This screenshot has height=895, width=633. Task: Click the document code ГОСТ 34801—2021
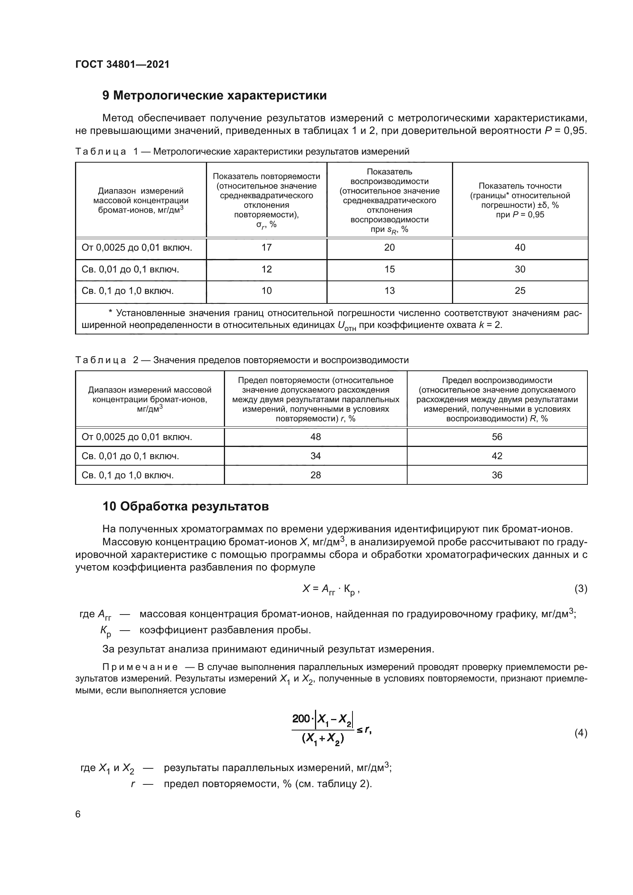[122, 64]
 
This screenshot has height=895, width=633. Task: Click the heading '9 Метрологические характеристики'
[214, 96]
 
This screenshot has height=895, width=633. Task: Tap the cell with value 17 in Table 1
[267, 248]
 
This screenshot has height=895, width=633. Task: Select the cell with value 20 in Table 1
[389, 248]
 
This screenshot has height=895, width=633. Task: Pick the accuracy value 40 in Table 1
[520, 248]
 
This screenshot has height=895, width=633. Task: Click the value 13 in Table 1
[389, 291]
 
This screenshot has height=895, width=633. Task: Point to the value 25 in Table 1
[520, 291]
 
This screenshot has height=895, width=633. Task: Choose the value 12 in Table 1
[267, 269]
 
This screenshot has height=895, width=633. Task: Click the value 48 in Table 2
[316, 437]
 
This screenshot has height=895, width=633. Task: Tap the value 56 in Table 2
[497, 437]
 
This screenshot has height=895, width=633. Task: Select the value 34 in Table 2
[316, 456]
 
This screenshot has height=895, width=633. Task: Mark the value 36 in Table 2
[497, 475]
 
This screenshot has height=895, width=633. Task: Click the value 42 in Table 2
[497, 456]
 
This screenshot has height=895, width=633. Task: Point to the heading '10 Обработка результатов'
[186, 506]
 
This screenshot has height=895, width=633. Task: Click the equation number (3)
[581, 589]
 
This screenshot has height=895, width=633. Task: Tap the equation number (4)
[581, 733]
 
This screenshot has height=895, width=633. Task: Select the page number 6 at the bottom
[78, 814]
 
